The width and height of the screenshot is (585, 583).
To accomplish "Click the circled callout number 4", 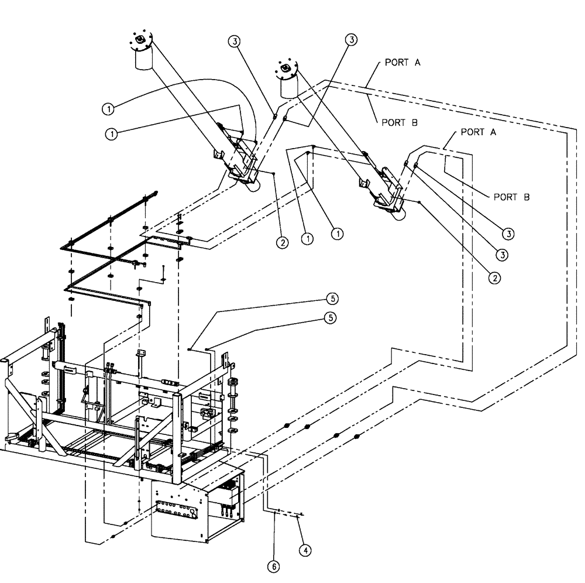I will (x=304, y=550).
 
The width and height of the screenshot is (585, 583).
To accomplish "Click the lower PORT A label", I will (x=479, y=132).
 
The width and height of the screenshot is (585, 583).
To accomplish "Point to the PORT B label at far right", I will (x=511, y=197).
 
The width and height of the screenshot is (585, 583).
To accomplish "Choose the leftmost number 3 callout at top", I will (x=233, y=40).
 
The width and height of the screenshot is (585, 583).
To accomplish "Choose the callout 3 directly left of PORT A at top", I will (x=351, y=39).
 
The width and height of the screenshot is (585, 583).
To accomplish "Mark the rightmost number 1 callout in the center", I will (x=337, y=233).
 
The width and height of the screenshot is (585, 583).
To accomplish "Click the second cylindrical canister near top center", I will (x=288, y=82).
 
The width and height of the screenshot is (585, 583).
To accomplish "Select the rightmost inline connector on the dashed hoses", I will (x=357, y=436).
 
